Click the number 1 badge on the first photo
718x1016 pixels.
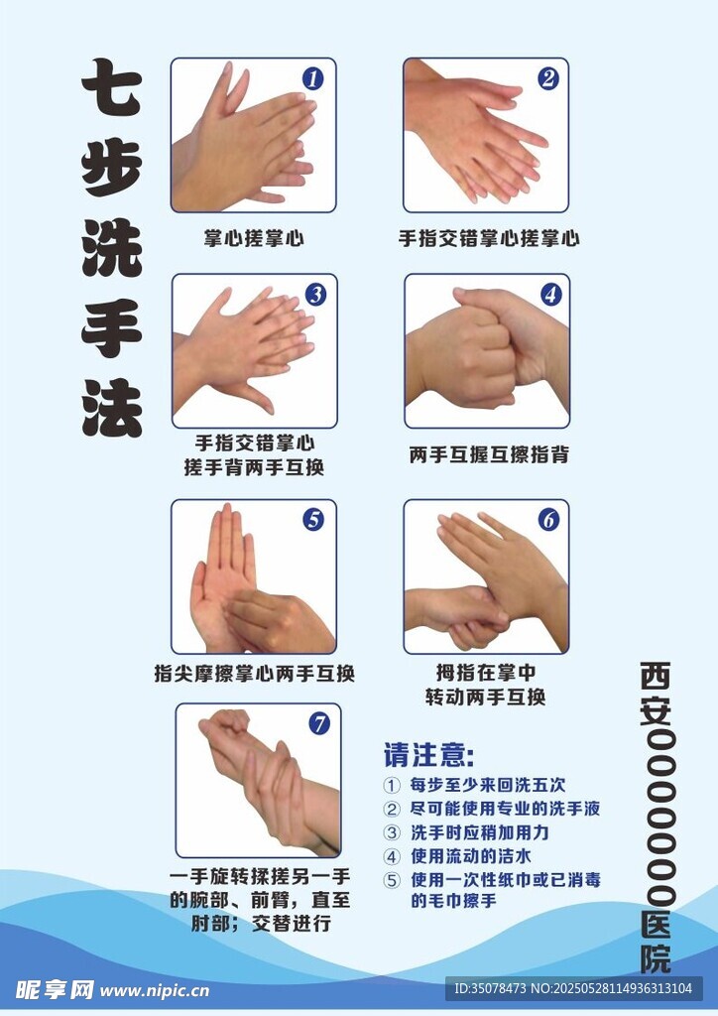point(313,79)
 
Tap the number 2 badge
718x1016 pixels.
point(548,78)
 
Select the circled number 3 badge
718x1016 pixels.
point(315,295)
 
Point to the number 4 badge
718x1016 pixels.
point(550,295)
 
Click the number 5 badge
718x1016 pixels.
point(314,520)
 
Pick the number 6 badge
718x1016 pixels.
point(549,520)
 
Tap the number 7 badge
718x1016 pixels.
point(318,723)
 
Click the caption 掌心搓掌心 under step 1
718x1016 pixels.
point(253,238)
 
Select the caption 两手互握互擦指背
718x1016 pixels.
point(488,454)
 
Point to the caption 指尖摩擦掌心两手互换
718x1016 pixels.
point(255,674)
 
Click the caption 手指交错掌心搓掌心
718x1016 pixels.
point(488,238)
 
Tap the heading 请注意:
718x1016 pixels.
point(428,754)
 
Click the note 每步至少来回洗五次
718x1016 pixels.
point(488,785)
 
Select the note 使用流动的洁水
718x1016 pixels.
point(471,856)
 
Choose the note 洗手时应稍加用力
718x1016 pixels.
point(480,832)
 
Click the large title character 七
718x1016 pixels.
point(111,87)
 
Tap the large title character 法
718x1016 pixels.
point(111,408)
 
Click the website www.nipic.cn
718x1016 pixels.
point(155,991)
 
